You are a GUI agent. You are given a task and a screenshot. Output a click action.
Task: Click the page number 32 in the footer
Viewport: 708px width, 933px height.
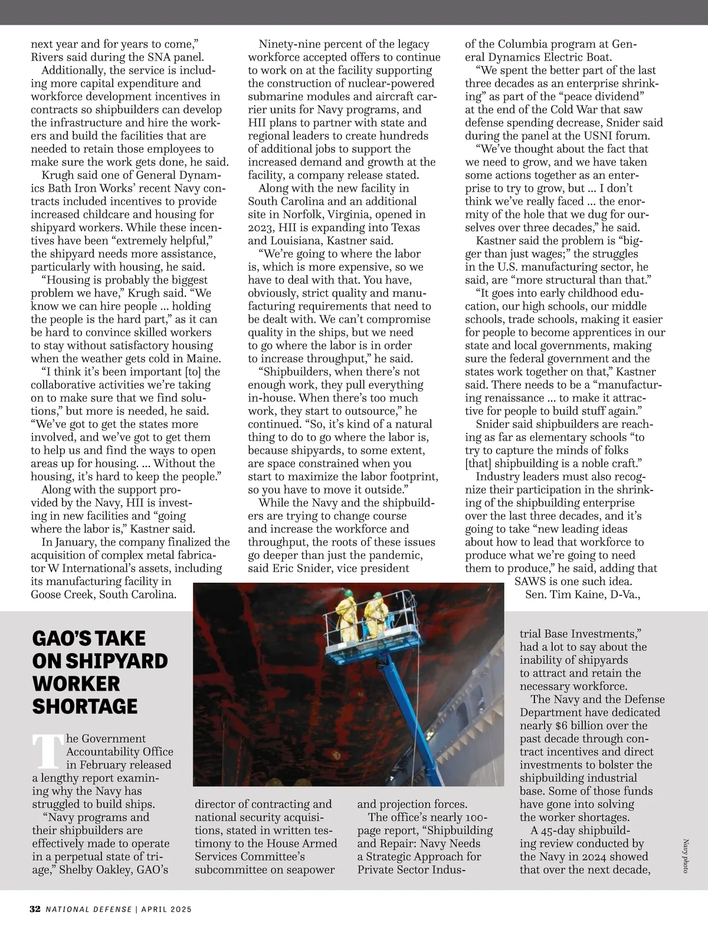pyautogui.click(x=35, y=909)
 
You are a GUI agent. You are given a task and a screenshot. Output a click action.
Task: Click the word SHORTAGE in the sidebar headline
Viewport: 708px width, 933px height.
pyautogui.click(x=84, y=706)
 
